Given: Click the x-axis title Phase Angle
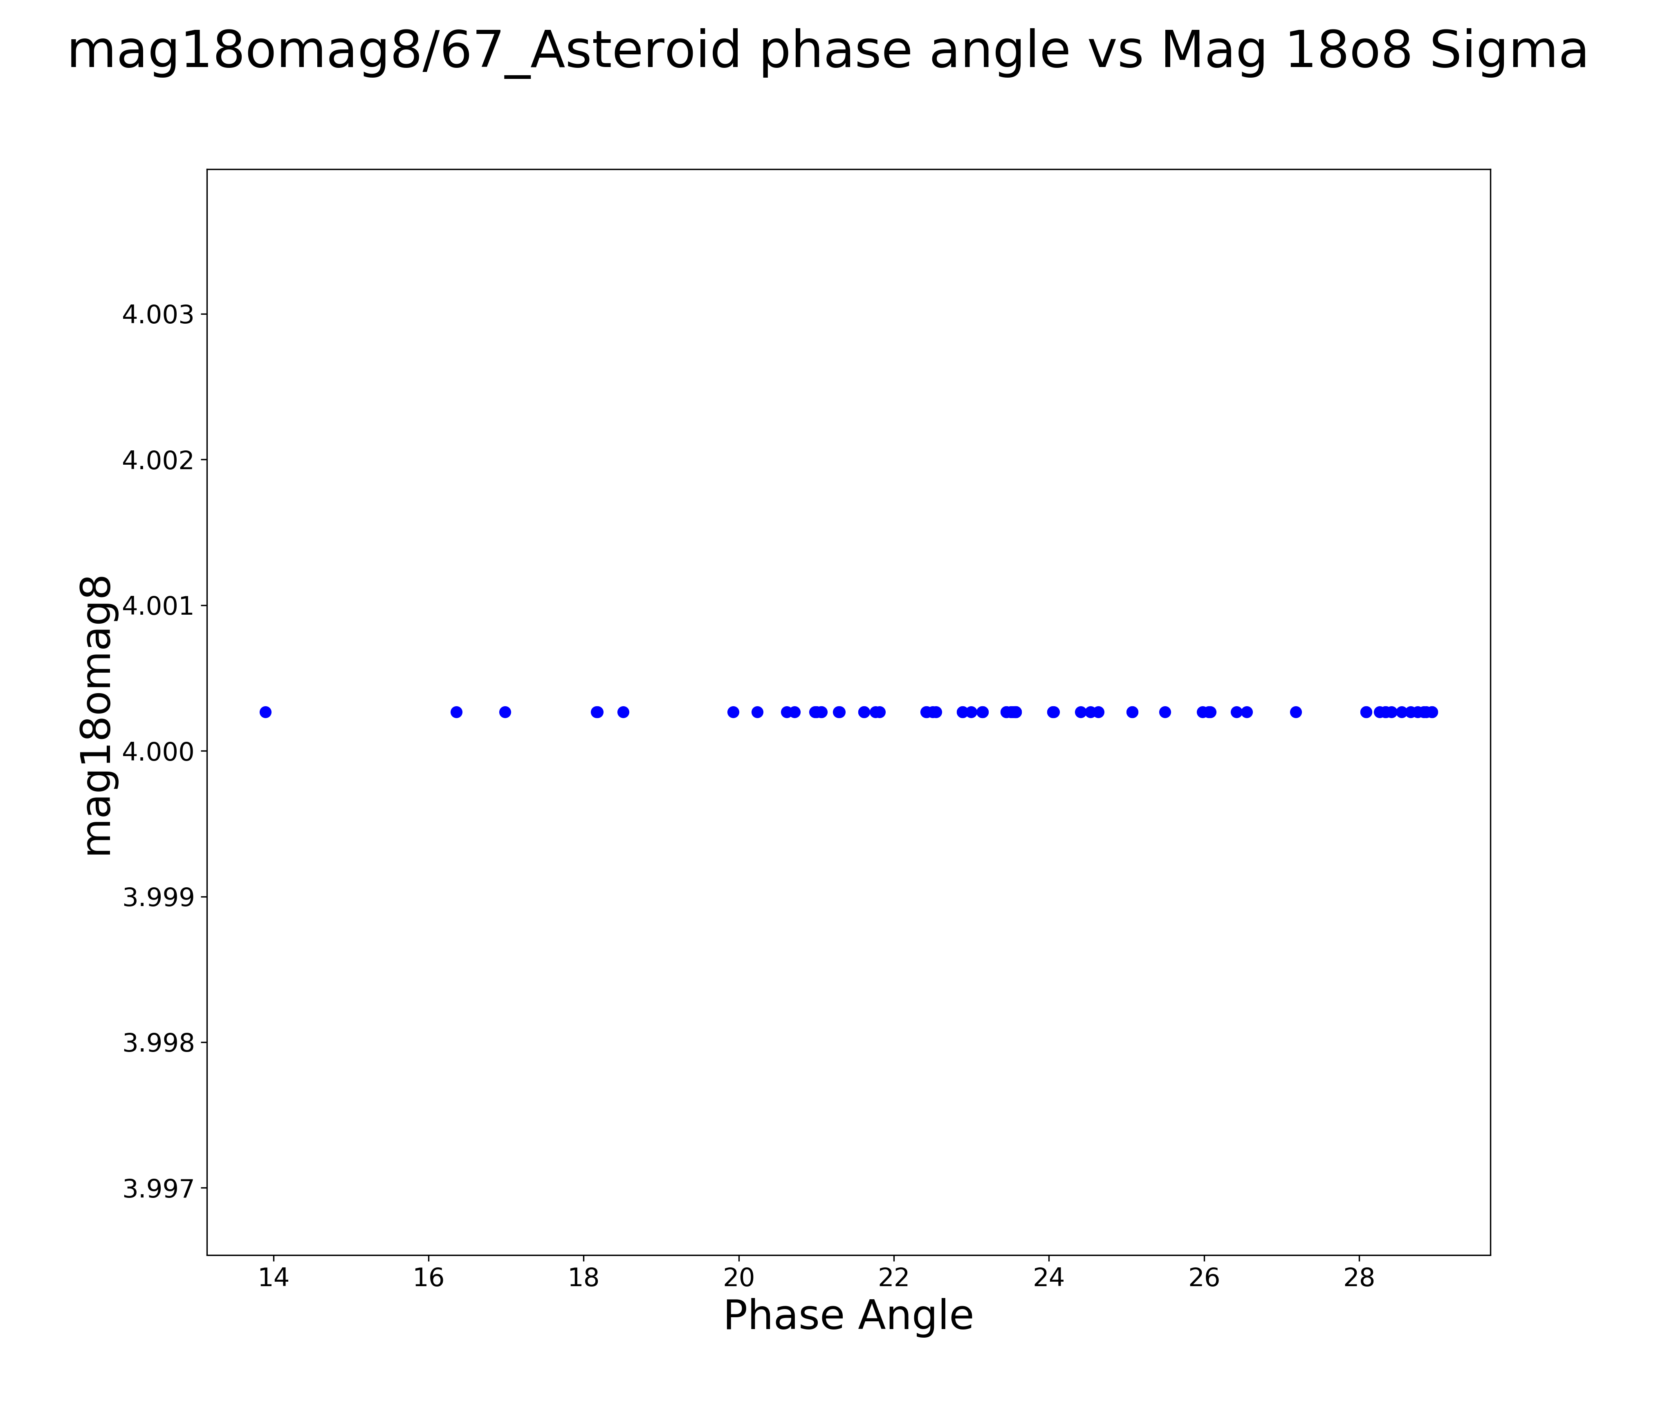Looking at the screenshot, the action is click(x=848, y=1316).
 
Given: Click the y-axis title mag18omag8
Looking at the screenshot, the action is click(x=98, y=716).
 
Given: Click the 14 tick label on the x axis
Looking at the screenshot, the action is click(x=273, y=1278).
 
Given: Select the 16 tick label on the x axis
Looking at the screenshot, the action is click(x=429, y=1278).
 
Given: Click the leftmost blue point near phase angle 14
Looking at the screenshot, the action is click(x=265, y=712).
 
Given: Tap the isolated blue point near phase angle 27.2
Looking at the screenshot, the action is click(x=1295, y=712).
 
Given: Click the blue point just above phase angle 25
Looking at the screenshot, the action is click(x=1132, y=712).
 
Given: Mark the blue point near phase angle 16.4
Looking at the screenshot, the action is click(x=456, y=712).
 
